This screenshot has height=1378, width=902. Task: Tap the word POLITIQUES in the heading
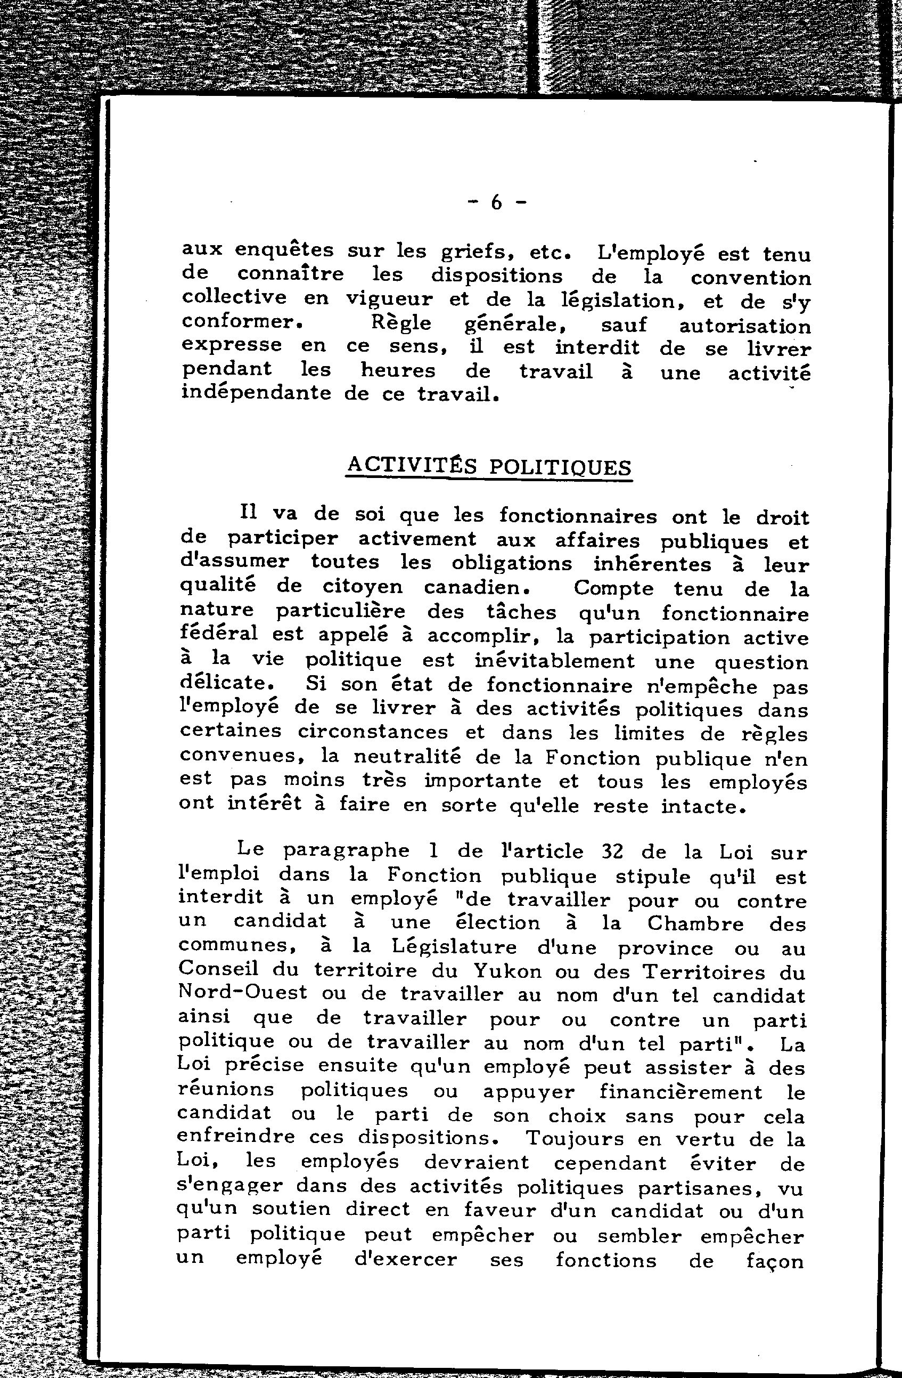click(560, 467)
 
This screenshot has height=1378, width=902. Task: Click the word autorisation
click(744, 326)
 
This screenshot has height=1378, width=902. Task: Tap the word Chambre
click(695, 923)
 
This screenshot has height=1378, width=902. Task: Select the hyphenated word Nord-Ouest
click(242, 994)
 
